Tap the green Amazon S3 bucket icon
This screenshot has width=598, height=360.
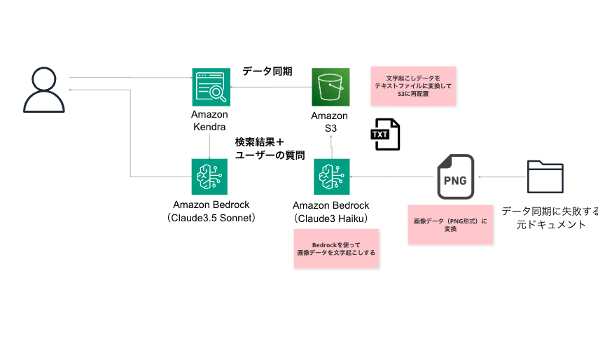(x=330, y=86)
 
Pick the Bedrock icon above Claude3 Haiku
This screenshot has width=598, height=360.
(x=331, y=176)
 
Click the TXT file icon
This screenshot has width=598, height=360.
(x=385, y=134)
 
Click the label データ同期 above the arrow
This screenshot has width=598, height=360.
(x=267, y=71)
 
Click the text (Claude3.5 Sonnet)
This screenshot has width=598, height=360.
(x=211, y=218)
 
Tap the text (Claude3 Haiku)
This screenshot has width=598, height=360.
(x=331, y=218)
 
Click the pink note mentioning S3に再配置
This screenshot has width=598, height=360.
(x=413, y=85)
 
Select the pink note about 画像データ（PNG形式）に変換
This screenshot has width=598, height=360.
(x=450, y=225)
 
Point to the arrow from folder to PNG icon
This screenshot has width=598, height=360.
(x=501, y=177)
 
